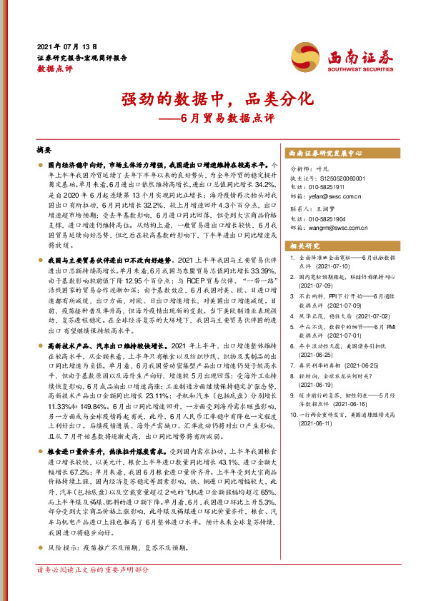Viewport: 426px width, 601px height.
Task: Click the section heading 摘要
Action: [44, 151]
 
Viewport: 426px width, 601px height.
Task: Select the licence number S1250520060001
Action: [335, 178]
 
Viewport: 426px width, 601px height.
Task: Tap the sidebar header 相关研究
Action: [302, 246]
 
